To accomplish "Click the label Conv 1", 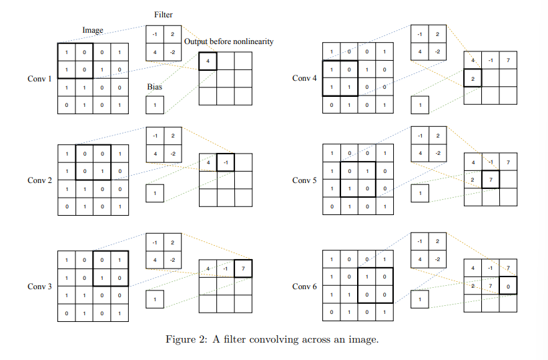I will coord(39,79).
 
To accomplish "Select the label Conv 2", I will coord(39,180).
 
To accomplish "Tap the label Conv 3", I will coord(39,287).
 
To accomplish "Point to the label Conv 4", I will coord(304,79).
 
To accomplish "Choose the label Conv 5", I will coord(304,180).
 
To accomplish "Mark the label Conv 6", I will coord(304,287).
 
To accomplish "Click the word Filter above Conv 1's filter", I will coord(164,14).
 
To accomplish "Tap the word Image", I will coord(92,30).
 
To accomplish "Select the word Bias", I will coord(155,87).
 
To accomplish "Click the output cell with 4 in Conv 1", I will coord(208,61).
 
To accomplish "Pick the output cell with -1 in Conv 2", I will coord(226,162).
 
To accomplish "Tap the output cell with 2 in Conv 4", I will coord(473,79).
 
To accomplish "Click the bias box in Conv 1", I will coord(154,105).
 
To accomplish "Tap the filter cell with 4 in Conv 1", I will coord(155,52).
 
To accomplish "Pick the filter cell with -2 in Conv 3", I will coord(172,260).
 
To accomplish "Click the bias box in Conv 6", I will coord(419,300).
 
